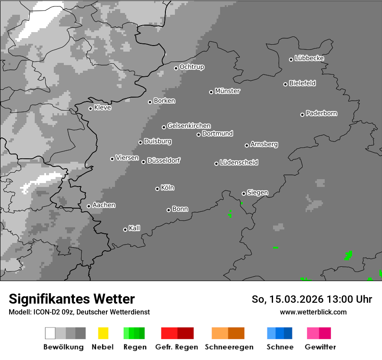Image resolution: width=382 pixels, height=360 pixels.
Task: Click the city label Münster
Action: pos(227,91)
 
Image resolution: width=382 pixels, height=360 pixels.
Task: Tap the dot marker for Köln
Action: pos(157,189)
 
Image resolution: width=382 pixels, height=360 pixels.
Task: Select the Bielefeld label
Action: pos(303,83)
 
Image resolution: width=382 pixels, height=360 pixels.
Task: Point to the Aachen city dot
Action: pos(89,206)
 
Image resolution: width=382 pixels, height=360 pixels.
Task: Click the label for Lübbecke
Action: pos(310,58)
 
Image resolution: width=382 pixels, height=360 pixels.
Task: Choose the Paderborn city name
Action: pos(322,113)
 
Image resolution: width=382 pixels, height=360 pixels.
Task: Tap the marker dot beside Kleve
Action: pos(90,108)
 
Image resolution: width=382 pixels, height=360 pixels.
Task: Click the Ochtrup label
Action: pos(192,67)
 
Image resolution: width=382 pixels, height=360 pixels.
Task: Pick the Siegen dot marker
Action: pos(244,193)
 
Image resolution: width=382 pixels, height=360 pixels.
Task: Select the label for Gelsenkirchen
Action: pos(189,126)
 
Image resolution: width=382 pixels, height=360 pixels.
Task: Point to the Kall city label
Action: pos(135,228)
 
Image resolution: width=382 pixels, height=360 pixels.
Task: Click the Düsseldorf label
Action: pos(164,160)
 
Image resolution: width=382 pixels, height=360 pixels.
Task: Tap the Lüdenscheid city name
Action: pos(239,163)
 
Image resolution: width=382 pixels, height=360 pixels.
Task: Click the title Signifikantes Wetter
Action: pos(72,299)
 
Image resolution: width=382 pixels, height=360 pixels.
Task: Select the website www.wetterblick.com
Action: pos(313,312)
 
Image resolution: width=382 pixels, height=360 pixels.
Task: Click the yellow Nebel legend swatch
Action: pos(103,333)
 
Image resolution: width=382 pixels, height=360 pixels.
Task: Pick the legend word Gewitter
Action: pos(320,347)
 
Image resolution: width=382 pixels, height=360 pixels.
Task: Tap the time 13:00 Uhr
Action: pos(350,299)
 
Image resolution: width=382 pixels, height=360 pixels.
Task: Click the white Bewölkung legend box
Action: pos(50,333)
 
